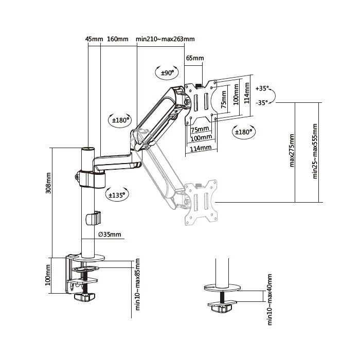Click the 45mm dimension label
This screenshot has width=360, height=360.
pos(94,39)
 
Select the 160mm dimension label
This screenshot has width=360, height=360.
pos(118,39)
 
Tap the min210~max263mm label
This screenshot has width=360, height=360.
pos(165,39)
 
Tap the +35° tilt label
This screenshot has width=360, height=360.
pos(262,88)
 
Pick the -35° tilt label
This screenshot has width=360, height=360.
pos(262,102)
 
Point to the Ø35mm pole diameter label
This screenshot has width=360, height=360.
pos(110,235)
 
